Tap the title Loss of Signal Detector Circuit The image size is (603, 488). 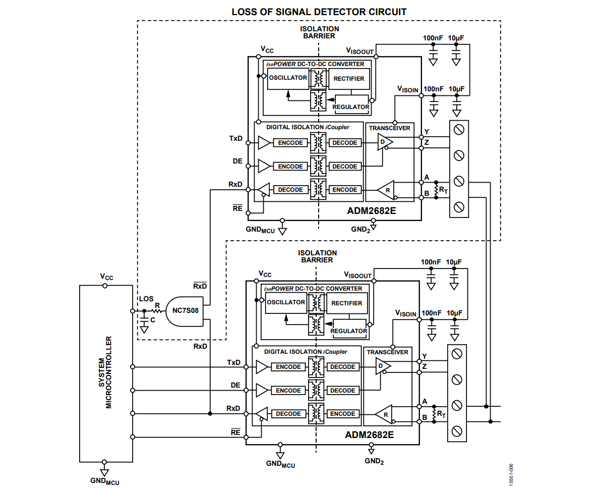click(319, 12)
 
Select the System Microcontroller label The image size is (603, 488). click(105, 372)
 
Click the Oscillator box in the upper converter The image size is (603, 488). click(288, 79)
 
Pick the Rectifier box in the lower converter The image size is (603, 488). click(346, 303)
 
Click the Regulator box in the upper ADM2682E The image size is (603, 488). click(351, 104)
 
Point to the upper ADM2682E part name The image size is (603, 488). click(371, 211)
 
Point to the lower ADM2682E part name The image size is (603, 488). click(369, 435)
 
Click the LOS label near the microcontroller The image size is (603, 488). click(146, 299)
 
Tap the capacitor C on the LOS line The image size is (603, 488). click(144, 320)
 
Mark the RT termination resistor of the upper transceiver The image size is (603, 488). click(437, 190)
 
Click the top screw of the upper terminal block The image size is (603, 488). click(459, 130)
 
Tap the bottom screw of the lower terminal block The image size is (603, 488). click(457, 431)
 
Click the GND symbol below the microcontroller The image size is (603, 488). click(104, 472)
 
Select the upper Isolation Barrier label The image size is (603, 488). click(320, 32)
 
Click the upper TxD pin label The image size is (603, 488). click(236, 139)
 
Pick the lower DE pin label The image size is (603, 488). click(235, 385)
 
